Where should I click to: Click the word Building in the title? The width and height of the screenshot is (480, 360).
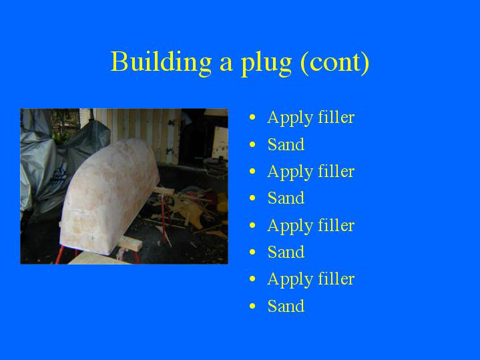tap(161, 62)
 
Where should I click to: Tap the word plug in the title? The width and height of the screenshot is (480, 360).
tap(266, 63)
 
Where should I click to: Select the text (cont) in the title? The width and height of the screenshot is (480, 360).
tap(335, 63)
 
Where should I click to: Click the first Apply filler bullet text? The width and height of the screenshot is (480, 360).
tap(310, 118)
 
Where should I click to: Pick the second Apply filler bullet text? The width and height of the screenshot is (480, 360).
tap(310, 172)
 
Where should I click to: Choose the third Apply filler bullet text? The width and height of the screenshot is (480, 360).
tap(310, 226)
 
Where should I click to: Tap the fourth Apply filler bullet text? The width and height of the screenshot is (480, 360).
tap(310, 280)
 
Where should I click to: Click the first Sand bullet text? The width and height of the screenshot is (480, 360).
tap(286, 144)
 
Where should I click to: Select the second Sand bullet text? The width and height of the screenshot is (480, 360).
tap(286, 198)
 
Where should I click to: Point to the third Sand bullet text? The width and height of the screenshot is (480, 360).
tap(286, 252)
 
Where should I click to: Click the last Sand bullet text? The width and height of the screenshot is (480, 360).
tap(286, 306)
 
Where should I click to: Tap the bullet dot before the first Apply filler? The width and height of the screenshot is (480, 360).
tap(252, 117)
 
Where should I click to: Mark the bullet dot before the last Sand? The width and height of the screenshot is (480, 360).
tap(252, 306)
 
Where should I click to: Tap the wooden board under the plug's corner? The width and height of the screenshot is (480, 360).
tap(130, 244)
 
